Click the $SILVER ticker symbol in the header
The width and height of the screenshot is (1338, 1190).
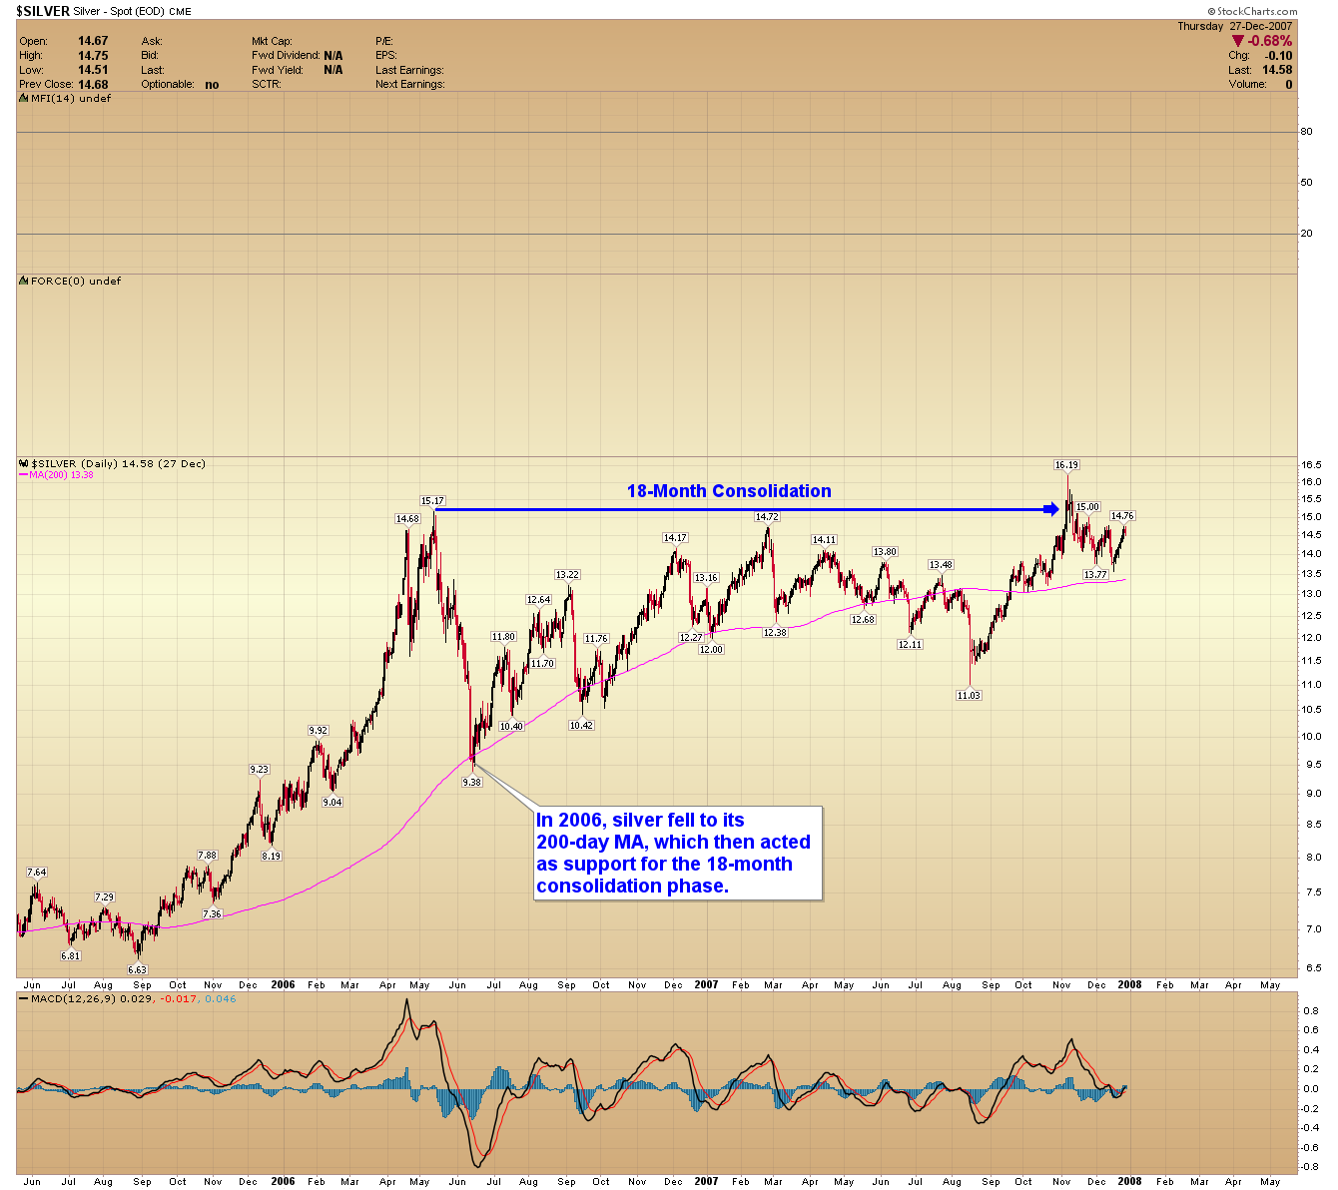click(42, 12)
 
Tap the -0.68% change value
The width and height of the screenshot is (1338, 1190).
click(1269, 41)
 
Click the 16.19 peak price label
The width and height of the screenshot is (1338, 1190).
click(1066, 465)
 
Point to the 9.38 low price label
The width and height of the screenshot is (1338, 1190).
click(471, 783)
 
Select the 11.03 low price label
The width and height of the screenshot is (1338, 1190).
click(969, 696)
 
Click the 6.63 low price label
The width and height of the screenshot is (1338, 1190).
click(137, 969)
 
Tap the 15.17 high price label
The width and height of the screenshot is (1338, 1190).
click(432, 501)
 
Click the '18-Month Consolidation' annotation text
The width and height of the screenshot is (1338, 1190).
click(729, 491)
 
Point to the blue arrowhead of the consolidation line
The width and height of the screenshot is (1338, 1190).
click(1051, 509)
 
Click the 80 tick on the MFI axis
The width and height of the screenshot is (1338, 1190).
click(1306, 132)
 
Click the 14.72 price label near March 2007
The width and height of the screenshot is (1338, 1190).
click(767, 517)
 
